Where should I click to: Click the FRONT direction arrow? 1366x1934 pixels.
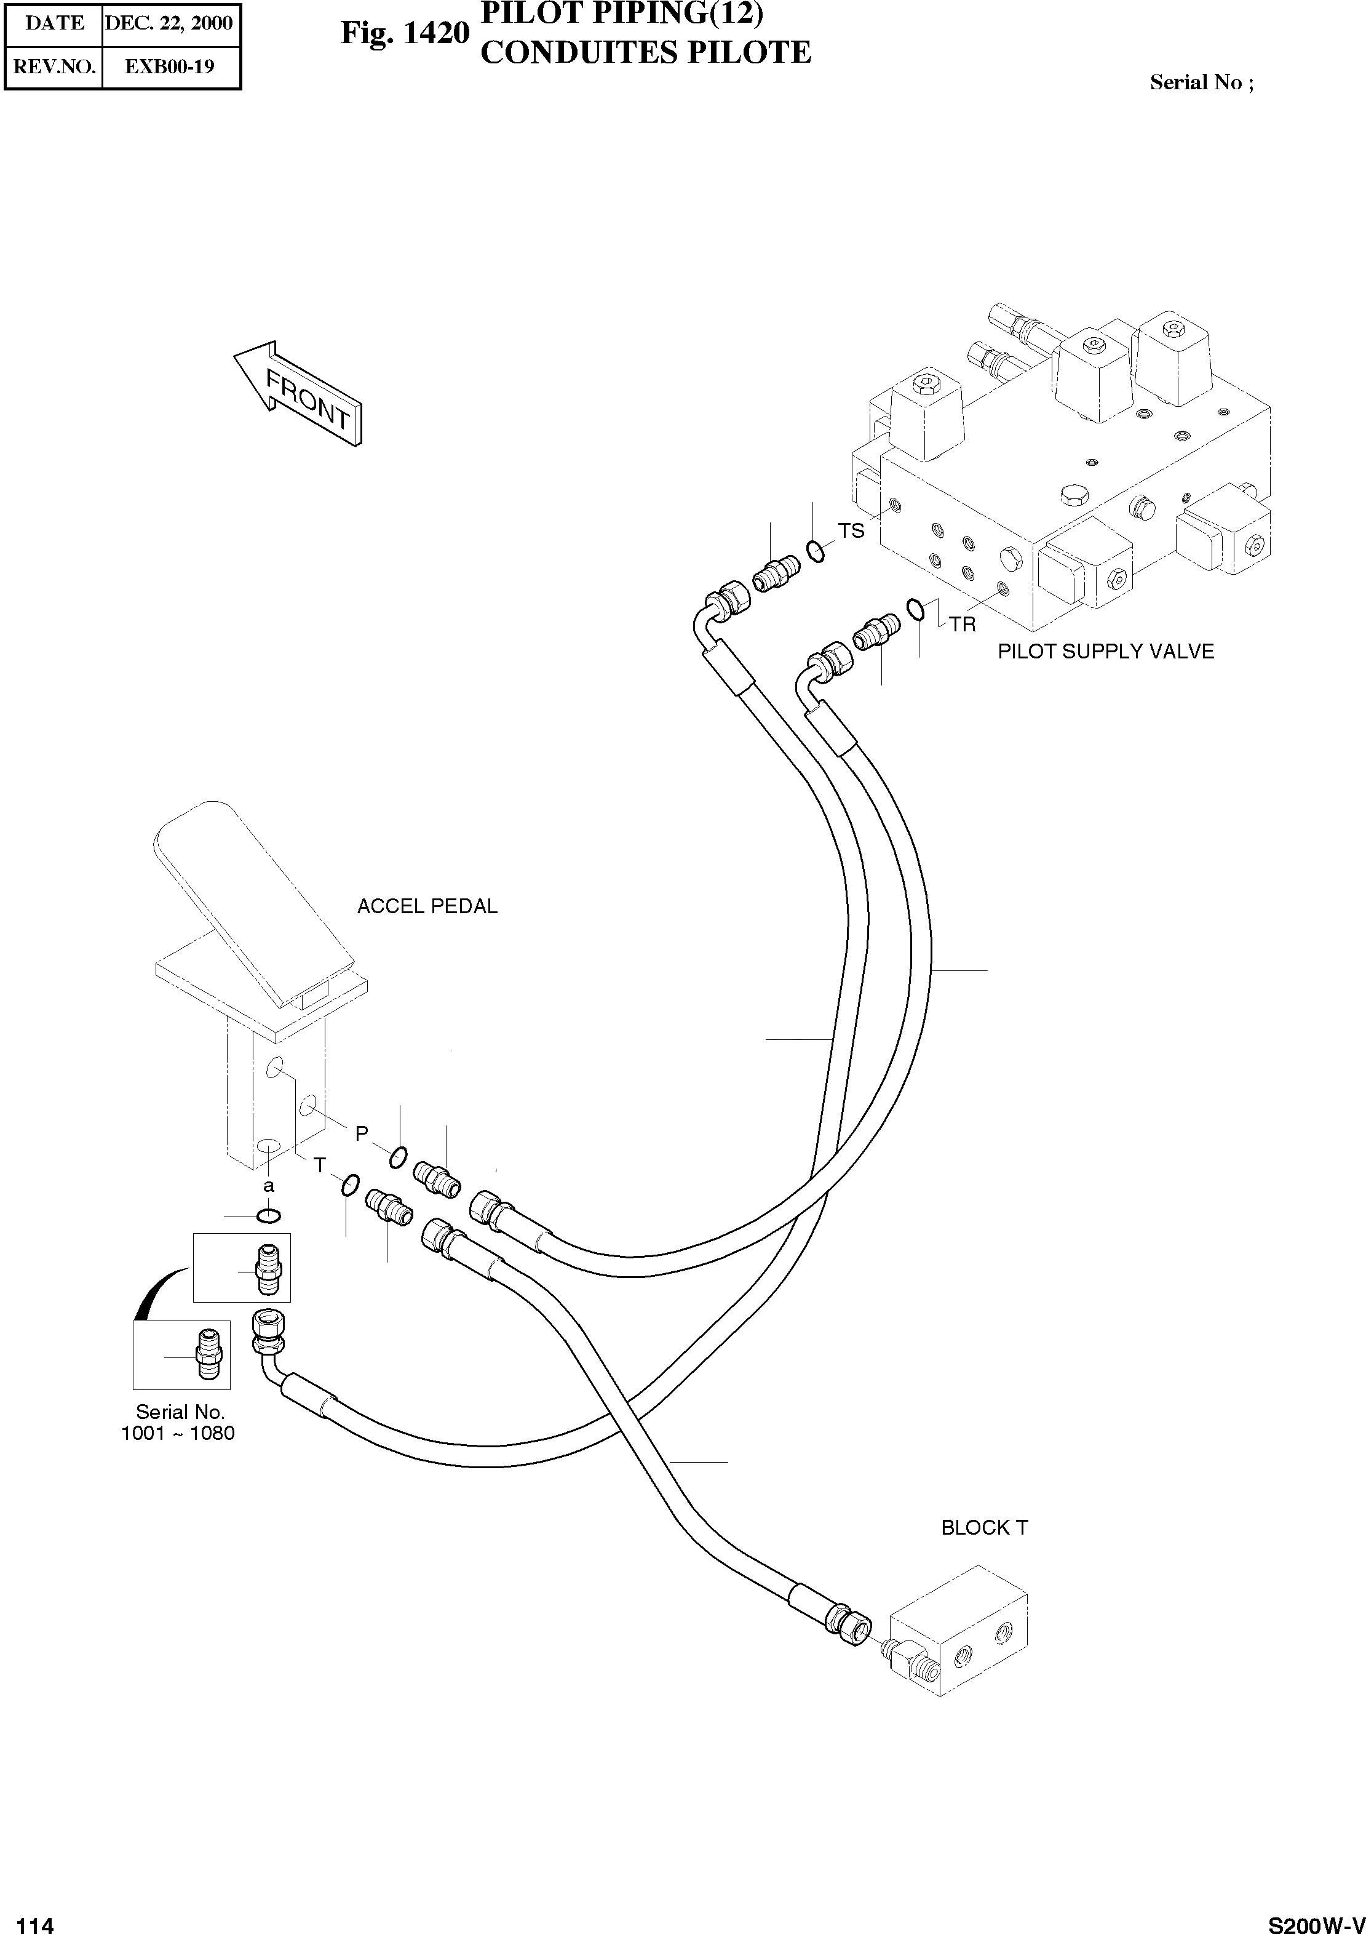298,393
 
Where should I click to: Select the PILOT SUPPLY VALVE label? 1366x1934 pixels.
1105,651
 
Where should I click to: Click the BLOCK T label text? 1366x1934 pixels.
983,1528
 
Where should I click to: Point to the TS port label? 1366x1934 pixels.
851,530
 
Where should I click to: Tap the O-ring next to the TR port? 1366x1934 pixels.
915,608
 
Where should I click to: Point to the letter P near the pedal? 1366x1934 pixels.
361,1134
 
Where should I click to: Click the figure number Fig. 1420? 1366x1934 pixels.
404,34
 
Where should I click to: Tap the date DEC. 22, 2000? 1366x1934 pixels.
169,23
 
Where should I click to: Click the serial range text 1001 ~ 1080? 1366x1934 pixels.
178,1433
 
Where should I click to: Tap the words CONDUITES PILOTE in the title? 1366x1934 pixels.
645,53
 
